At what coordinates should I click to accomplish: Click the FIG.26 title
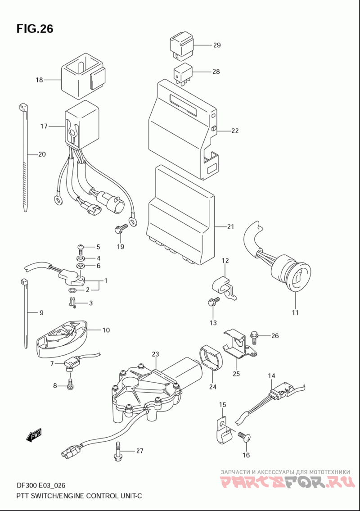35,29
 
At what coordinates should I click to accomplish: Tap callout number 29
217,45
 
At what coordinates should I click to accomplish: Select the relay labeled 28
183,75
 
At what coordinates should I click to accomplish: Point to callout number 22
235,131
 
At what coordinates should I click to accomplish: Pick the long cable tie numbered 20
25,158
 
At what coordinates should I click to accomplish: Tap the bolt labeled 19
121,229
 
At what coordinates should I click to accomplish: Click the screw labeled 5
81,249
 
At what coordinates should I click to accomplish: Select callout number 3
91,303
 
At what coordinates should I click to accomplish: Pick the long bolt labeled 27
118,451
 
